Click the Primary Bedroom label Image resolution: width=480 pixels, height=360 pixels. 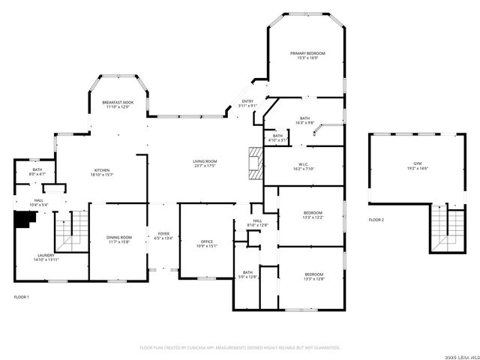point(308,53)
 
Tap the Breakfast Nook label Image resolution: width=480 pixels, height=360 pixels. point(118,102)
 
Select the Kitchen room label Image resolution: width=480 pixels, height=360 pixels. point(102,170)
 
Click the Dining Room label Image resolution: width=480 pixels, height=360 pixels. point(118,238)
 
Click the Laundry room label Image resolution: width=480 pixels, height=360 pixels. point(46,256)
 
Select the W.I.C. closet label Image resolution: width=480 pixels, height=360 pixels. point(304,166)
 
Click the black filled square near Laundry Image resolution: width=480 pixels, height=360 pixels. point(26,219)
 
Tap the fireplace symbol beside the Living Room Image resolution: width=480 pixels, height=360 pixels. point(256,160)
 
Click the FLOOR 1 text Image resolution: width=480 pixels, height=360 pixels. point(22,298)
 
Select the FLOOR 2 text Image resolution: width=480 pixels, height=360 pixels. point(376,220)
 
